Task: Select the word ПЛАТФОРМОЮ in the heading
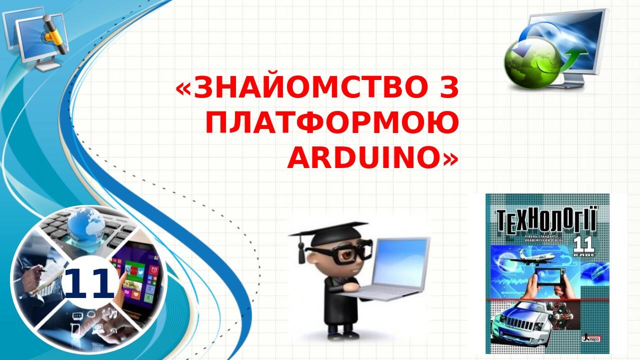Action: [331, 123]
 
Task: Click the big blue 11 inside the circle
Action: [89, 283]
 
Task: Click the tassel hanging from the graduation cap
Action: [301, 252]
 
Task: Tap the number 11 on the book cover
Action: [583, 245]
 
